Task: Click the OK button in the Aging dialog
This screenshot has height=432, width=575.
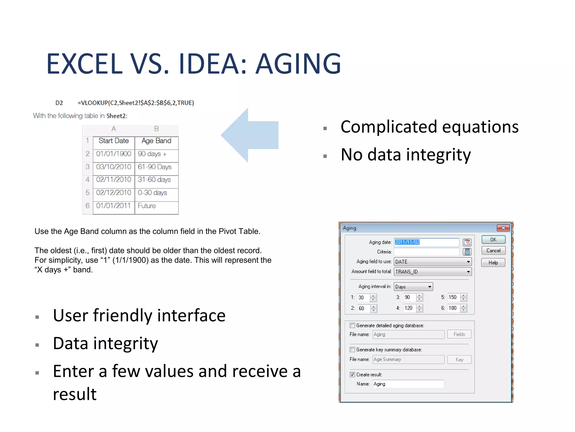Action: (x=493, y=240)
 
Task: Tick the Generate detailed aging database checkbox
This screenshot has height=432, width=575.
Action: (x=352, y=325)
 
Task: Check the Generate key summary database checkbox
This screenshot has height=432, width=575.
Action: (x=352, y=350)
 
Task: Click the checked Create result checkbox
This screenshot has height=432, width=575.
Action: (x=352, y=375)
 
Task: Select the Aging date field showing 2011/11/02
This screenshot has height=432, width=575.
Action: (x=426, y=242)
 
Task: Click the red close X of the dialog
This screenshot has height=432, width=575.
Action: (x=503, y=228)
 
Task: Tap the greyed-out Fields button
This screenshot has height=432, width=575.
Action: (x=459, y=334)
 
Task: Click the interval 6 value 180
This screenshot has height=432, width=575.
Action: (x=453, y=308)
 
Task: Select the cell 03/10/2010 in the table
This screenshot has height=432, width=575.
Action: (x=113, y=167)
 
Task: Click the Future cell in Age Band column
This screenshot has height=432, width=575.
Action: (x=156, y=206)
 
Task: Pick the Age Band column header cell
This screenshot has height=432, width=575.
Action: (x=156, y=141)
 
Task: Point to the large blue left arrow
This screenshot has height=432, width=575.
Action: (x=250, y=135)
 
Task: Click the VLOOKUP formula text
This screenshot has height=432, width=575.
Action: (x=136, y=103)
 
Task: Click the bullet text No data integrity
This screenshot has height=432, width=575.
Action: (x=405, y=155)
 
